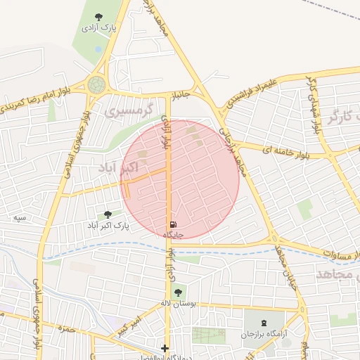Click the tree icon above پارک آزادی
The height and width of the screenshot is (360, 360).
point(98,17)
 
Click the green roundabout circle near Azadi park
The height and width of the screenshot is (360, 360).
point(96,85)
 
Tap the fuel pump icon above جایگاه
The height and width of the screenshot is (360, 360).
point(173,224)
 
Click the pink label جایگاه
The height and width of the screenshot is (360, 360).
point(174,234)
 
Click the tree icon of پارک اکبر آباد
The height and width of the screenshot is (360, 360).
point(108,214)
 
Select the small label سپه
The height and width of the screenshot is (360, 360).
point(20,218)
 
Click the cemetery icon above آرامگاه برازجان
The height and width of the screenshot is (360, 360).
point(264,322)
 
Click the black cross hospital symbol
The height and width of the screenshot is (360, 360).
point(165,347)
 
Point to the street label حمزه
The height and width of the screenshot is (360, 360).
point(67,328)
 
